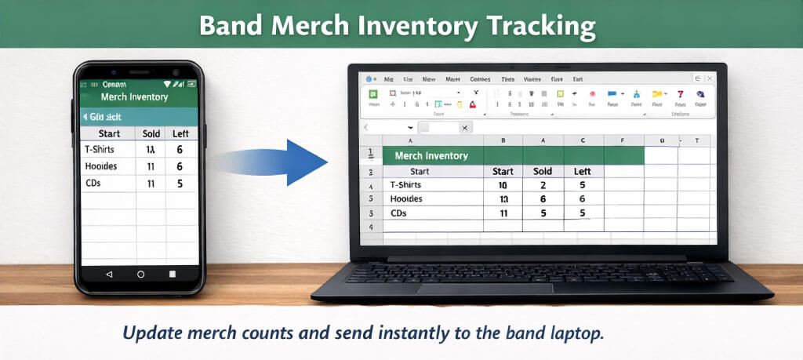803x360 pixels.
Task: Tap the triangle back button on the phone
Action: point(108,275)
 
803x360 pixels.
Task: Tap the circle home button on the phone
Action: point(140,275)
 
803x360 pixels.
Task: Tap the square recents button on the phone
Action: point(173,275)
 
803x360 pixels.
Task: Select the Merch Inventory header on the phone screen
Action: point(134,97)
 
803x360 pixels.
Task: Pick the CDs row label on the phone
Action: point(93,183)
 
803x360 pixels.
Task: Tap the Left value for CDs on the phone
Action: point(180,184)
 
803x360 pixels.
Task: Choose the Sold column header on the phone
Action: point(150,133)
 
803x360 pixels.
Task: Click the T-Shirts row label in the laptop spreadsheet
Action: point(405,185)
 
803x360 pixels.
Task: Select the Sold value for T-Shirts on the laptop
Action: point(543,185)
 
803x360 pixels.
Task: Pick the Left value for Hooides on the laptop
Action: point(582,199)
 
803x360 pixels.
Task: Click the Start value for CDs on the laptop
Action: point(503,213)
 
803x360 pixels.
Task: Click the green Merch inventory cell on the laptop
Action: point(431,155)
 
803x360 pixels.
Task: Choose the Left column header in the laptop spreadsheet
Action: point(582,171)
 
